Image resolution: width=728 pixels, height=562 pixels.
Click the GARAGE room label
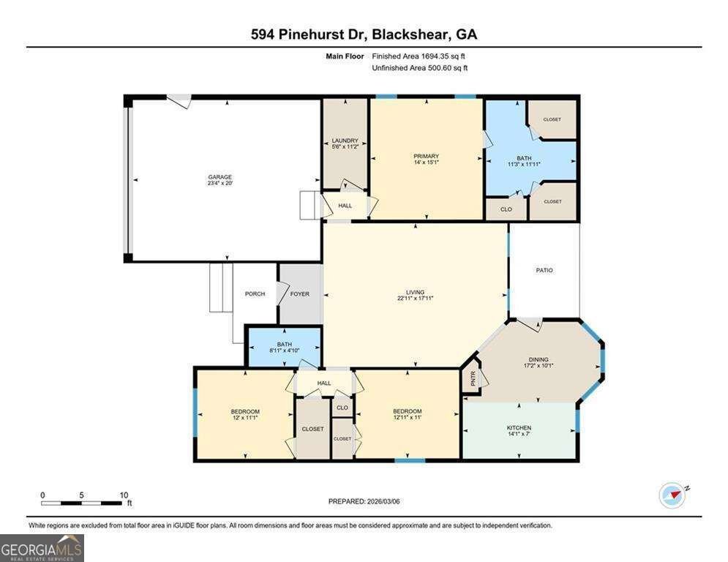pyautogui.click(x=219, y=177)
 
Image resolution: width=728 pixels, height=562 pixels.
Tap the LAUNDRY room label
pyautogui.click(x=345, y=140)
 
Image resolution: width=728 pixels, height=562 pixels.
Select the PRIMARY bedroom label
pyautogui.click(x=426, y=156)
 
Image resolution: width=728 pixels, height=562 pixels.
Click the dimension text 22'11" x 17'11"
pyautogui.click(x=416, y=299)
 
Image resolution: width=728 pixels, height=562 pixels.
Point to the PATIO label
pyautogui.click(x=544, y=270)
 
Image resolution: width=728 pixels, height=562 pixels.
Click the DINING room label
pyautogui.click(x=538, y=359)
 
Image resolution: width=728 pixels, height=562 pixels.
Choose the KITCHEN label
pyautogui.click(x=519, y=427)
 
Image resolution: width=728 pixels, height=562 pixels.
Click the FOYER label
pyautogui.click(x=300, y=293)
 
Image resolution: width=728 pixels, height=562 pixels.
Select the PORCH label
pyautogui.click(x=255, y=293)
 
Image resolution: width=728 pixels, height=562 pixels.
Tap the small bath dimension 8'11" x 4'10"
pyautogui.click(x=284, y=351)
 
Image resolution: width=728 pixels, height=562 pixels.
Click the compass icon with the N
pyautogui.click(x=671, y=495)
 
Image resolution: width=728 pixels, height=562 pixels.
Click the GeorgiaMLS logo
pyautogui.click(x=42, y=547)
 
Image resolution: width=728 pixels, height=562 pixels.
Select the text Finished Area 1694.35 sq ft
pyautogui.click(x=419, y=56)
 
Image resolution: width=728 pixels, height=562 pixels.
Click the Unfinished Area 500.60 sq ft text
pyautogui.click(x=419, y=68)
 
